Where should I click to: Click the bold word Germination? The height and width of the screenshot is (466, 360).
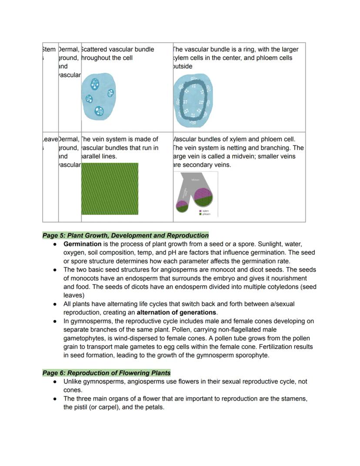point(82,244)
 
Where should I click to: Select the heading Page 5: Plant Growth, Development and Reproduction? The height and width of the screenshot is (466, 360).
point(125,235)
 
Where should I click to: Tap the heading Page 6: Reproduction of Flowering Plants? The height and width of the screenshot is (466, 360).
point(107,373)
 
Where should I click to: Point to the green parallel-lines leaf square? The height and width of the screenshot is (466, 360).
point(110,189)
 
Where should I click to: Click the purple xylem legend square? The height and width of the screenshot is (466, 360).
point(200,211)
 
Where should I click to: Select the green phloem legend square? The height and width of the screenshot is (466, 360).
point(200,214)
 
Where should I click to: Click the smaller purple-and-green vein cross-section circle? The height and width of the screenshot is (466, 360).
point(182,205)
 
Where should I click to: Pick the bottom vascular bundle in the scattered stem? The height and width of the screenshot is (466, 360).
point(99,111)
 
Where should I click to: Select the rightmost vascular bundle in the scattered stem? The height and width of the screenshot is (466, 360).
point(111,93)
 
